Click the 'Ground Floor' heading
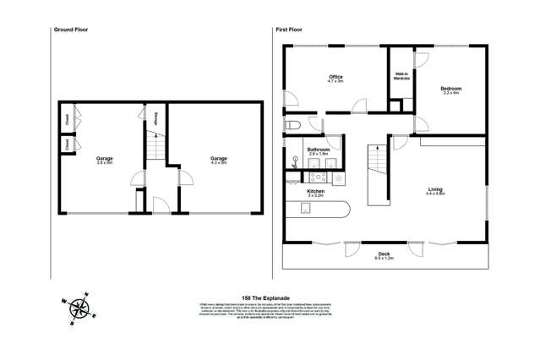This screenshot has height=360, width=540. click(x=72, y=29)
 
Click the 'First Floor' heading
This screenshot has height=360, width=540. click(x=289, y=29)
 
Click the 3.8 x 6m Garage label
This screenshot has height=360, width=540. click(x=105, y=161)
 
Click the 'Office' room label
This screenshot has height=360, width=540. click(x=335, y=79)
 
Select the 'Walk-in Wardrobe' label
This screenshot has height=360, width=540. click(x=402, y=78)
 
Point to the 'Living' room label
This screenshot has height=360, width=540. click(x=435, y=194)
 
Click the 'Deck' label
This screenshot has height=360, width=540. click(x=384, y=256)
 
